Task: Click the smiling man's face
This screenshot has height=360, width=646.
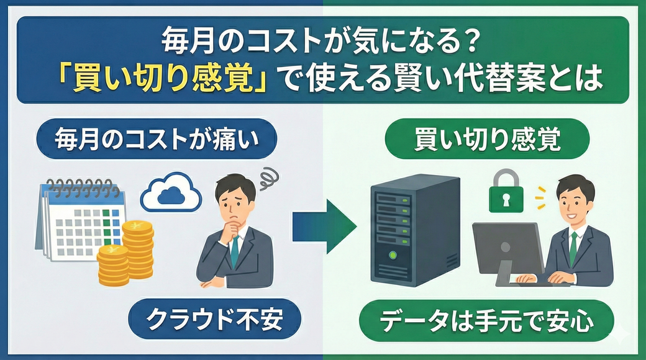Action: click(576, 204)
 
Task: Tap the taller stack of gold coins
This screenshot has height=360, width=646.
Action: click(137, 245)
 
